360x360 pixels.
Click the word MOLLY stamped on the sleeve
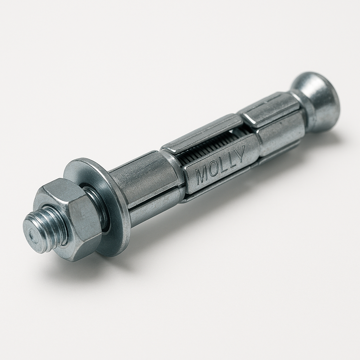tap(219, 165)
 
